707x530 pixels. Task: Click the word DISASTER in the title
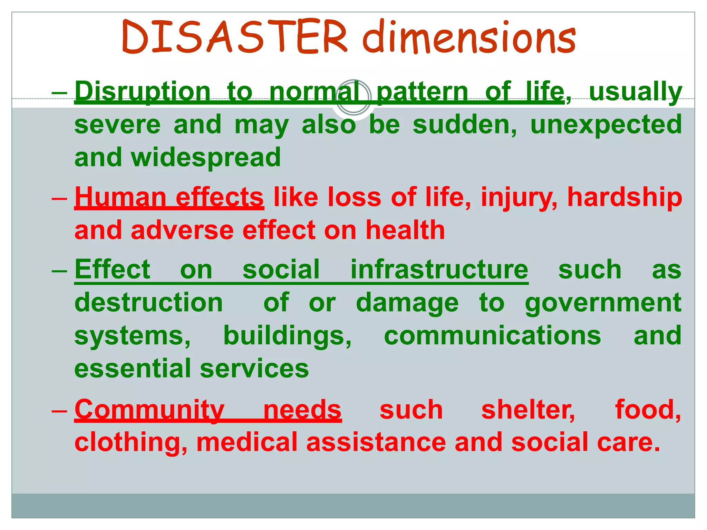tap(235, 37)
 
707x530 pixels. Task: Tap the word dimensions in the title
tap(469, 37)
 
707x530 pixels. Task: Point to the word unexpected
tap(606, 125)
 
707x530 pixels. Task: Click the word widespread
tap(206, 157)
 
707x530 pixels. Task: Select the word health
tap(405, 230)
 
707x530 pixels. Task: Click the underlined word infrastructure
tap(439, 270)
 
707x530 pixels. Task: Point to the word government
tap(603, 303)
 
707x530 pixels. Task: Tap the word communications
tap(492, 336)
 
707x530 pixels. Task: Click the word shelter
tap(528, 410)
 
